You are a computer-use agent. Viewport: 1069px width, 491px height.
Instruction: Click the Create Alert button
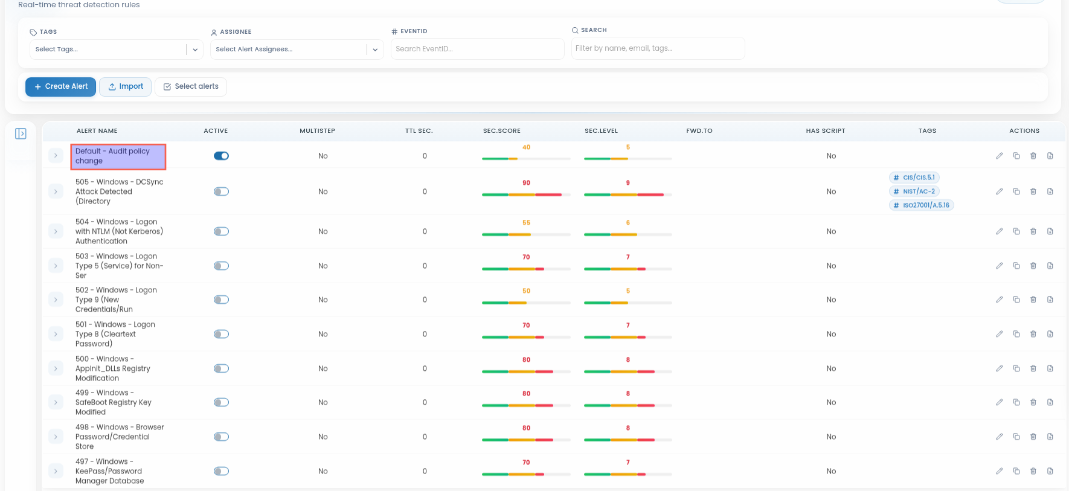coord(60,86)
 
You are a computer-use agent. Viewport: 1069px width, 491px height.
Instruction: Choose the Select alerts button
coord(191,86)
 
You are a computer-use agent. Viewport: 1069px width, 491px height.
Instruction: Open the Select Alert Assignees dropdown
coord(297,50)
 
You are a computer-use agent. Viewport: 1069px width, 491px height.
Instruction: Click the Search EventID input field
coord(477,49)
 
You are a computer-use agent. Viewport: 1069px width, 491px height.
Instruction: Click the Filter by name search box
coord(658,48)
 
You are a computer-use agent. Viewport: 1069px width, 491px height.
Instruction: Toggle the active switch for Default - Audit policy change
coord(221,156)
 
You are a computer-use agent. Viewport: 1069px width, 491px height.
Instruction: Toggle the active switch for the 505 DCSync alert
coord(221,191)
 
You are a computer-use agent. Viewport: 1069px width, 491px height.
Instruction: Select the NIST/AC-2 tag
coord(914,191)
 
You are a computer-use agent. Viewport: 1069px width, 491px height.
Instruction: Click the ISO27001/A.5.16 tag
coord(922,205)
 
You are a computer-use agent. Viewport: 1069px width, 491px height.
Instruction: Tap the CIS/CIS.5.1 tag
coord(914,178)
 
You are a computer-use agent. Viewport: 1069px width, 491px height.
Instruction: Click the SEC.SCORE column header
coord(501,130)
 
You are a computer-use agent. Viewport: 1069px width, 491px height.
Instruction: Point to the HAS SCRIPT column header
coord(825,130)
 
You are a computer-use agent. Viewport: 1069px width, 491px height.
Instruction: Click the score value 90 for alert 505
coord(526,183)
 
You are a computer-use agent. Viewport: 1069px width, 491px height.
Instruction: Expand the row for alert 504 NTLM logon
coord(56,231)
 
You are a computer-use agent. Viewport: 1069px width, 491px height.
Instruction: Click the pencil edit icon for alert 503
coord(1000,266)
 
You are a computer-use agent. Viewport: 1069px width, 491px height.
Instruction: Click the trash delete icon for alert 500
coord(1033,368)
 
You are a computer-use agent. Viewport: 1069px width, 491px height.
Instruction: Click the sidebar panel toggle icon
coord(21,133)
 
